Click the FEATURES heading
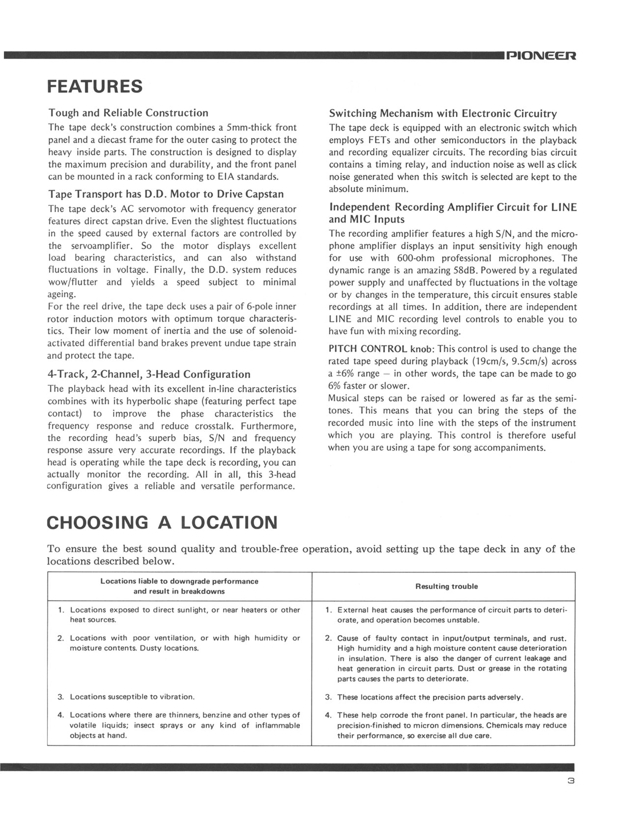[x=95, y=86]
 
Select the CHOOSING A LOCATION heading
[x=162, y=522]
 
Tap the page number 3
[x=570, y=781]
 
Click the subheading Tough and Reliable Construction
[x=128, y=113]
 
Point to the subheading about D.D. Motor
[x=166, y=194]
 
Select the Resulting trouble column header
[x=446, y=586]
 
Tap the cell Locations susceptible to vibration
[x=132, y=697]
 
